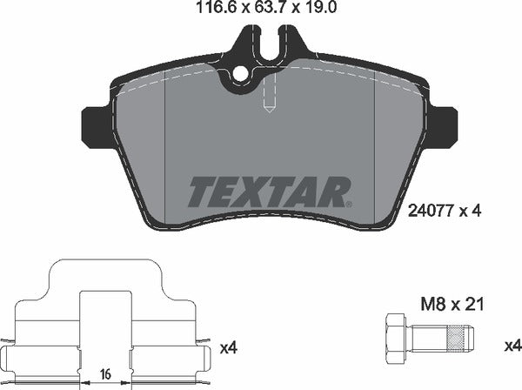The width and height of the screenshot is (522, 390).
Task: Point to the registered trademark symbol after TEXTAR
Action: point(350,203)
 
